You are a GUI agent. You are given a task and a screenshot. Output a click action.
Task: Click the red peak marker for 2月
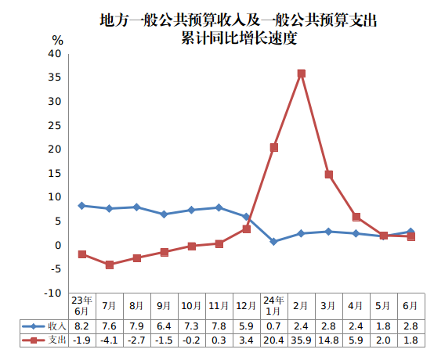pos(301,74)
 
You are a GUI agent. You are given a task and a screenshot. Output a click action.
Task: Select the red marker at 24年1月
pos(273,147)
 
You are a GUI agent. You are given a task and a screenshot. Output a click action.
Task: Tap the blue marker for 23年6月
pos(82,206)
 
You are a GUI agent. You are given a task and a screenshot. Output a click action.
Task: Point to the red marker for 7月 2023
pos(110,265)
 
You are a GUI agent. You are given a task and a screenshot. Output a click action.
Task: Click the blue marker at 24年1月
pos(273,242)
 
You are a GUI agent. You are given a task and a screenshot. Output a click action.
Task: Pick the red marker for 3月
pos(328,175)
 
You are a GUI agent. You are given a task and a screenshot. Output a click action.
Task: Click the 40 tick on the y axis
pos(54,54)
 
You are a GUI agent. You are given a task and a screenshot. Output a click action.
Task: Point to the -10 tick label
pos(52,293)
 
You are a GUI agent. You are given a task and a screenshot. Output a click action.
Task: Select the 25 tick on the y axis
pos(54,126)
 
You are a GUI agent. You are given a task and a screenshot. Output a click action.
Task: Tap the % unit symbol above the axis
pos(57,39)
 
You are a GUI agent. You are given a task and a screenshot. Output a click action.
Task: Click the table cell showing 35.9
pos(301,340)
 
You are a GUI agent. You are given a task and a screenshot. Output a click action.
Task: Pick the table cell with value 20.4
pos(273,340)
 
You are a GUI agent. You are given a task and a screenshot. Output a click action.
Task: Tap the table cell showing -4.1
pos(110,340)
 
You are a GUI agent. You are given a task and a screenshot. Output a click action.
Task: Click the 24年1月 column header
pos(273,305)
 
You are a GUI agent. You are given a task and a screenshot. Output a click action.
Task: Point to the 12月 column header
pos(246,305)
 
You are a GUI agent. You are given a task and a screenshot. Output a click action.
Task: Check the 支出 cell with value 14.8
pos(328,340)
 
